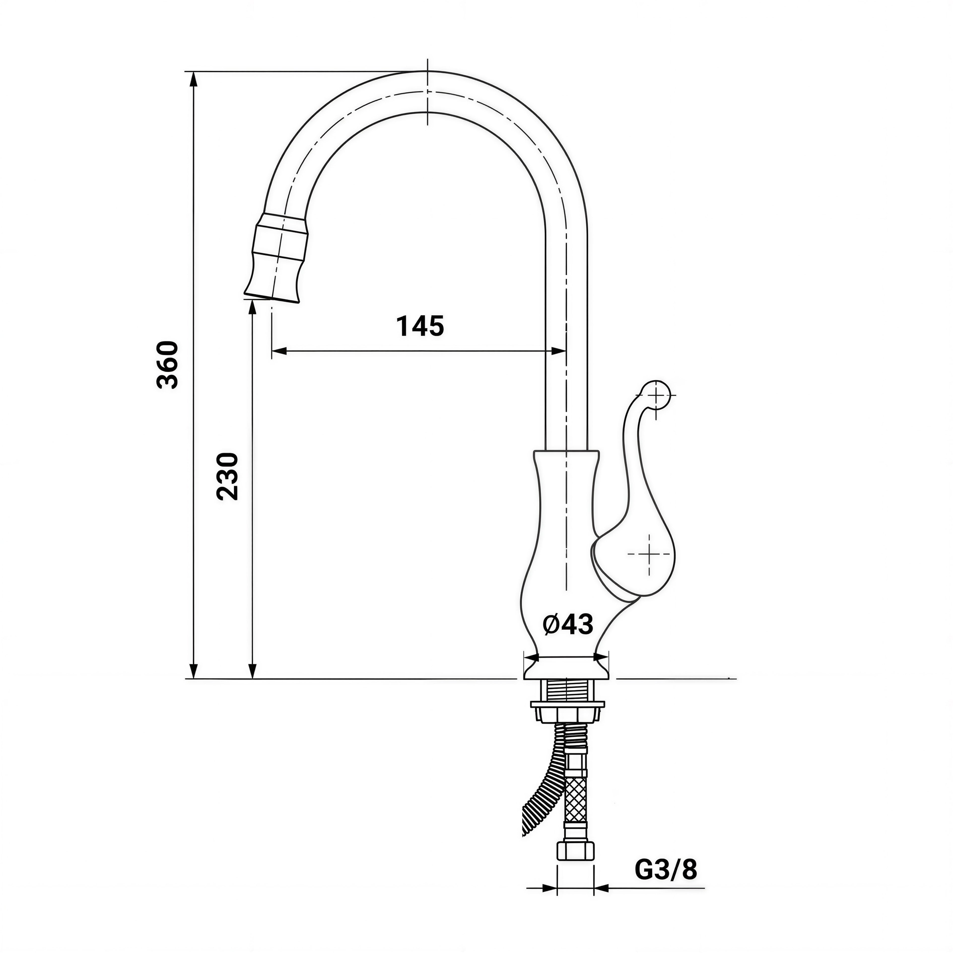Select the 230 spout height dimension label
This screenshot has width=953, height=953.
click(x=227, y=476)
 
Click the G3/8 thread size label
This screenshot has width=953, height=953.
click(x=666, y=870)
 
